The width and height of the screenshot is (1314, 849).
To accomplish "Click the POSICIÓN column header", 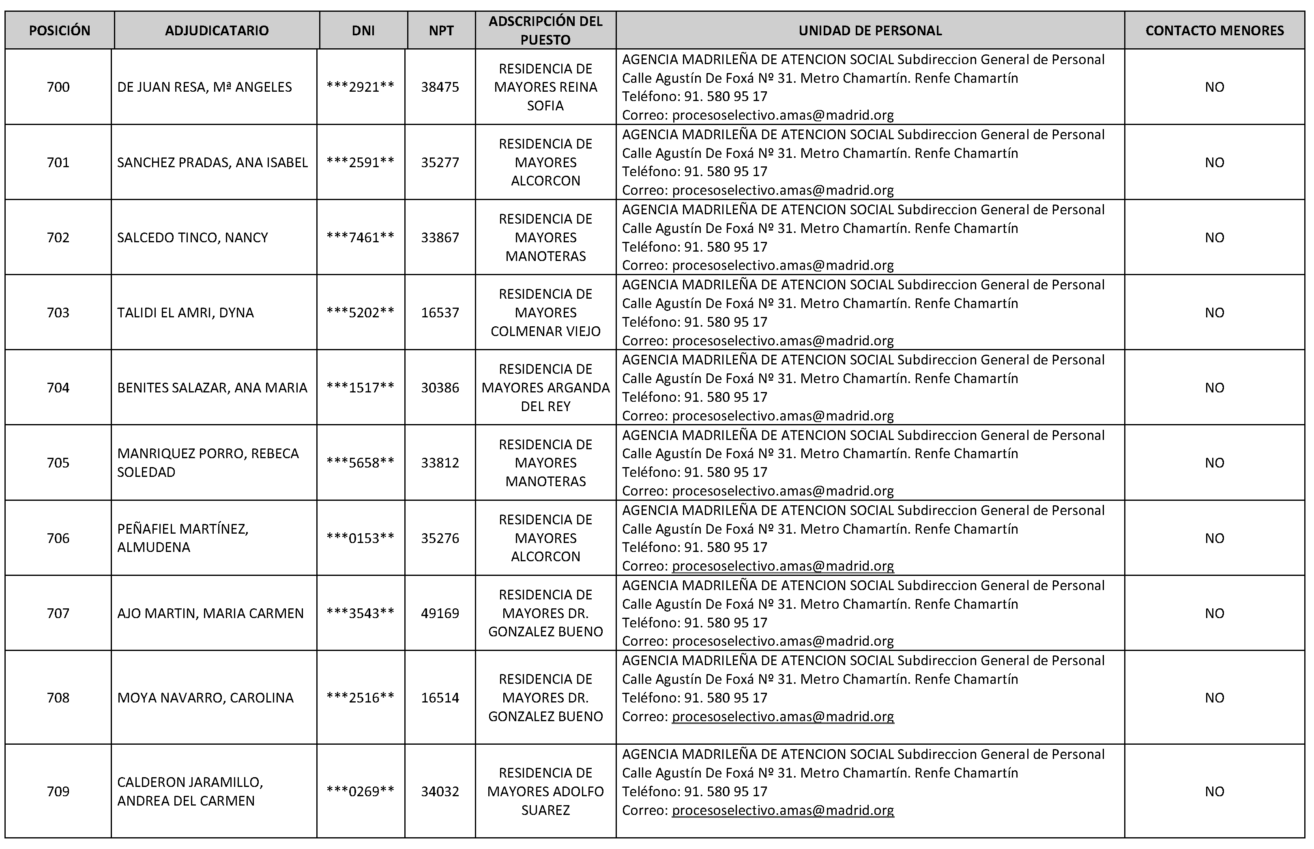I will (x=60, y=31).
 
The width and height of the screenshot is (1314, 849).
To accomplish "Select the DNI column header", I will (x=363, y=31).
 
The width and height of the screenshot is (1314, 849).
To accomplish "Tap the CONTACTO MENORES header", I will (x=1214, y=31).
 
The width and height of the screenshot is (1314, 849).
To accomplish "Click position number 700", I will (x=58, y=87).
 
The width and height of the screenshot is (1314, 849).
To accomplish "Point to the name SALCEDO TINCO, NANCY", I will (x=192, y=237).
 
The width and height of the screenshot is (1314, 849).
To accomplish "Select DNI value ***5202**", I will (x=360, y=312).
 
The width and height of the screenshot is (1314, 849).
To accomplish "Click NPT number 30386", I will (x=440, y=388).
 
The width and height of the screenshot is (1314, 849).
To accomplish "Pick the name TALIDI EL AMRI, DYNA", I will (x=185, y=312).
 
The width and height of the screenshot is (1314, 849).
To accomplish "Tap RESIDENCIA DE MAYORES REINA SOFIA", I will (x=545, y=87).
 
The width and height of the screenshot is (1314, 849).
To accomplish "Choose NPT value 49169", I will (x=440, y=613).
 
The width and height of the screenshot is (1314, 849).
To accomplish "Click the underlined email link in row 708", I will (x=782, y=716).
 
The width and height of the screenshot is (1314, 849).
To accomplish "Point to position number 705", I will (x=58, y=463).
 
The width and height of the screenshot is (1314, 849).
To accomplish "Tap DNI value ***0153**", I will (x=360, y=538).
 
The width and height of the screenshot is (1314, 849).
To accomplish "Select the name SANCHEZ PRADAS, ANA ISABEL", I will (x=212, y=163).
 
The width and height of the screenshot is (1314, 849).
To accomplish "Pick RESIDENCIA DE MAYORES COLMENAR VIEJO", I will (x=545, y=312).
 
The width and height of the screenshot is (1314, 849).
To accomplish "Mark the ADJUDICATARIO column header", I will (x=217, y=31).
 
